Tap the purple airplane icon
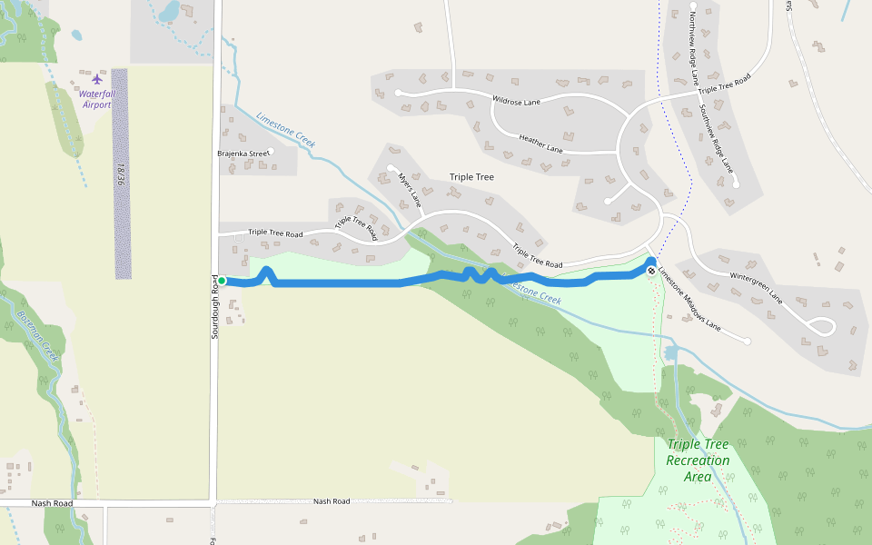(97, 78)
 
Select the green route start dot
(221, 281)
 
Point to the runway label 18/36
(120, 174)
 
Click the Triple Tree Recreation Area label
(698, 461)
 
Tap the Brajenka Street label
(243, 154)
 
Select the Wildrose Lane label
(516, 102)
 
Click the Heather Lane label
(540, 144)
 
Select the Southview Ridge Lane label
(716, 138)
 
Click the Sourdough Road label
(216, 306)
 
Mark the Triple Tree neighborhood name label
(471, 177)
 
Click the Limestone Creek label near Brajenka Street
(285, 130)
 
